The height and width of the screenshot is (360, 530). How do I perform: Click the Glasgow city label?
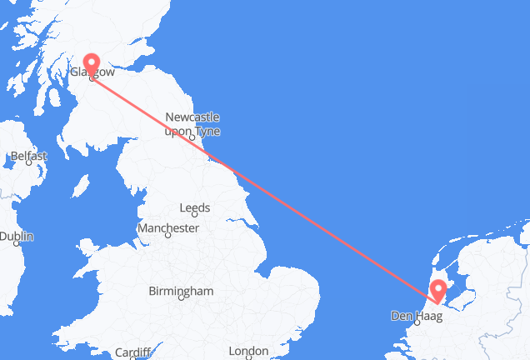tap(93, 73)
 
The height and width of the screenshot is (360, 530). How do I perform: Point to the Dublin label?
tap(17, 237)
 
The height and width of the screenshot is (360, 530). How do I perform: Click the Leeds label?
tap(196, 207)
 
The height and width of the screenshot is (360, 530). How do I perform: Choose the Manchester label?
tap(169, 227)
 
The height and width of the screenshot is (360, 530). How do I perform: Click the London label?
tap(249, 351)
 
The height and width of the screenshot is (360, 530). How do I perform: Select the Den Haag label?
tap(412, 316)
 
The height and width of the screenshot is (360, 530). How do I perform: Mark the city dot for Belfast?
tap(29, 163)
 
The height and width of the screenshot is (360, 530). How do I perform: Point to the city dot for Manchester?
tap(167, 236)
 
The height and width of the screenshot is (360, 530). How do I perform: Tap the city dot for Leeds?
tap(197, 216)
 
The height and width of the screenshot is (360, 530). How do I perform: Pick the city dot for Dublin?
tap(17, 245)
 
